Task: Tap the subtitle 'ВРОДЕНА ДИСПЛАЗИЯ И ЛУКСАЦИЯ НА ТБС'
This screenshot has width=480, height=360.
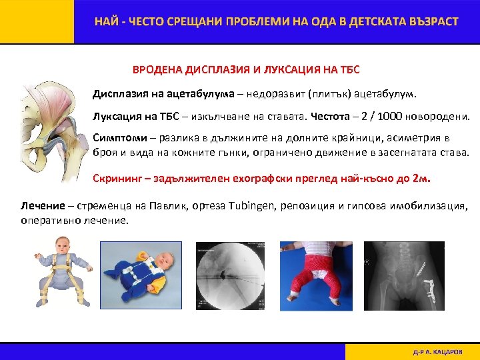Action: [x=247, y=69]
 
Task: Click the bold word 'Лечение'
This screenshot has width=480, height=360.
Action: [x=43, y=206]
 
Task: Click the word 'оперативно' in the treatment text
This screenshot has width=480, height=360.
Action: [x=47, y=220]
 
